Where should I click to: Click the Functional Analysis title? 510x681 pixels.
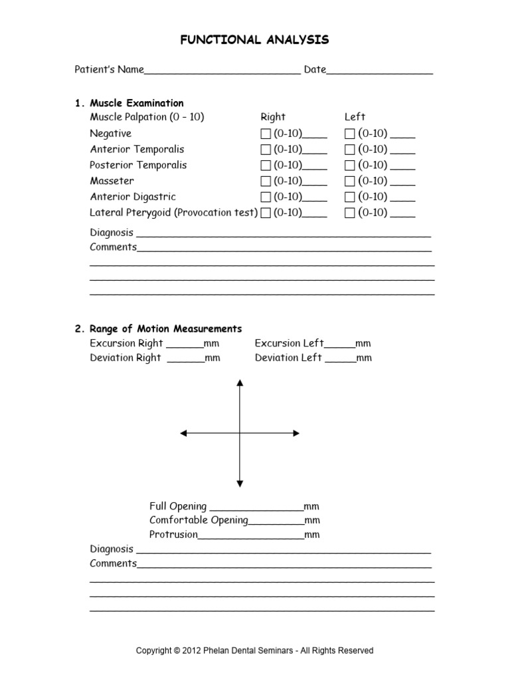(x=255, y=41)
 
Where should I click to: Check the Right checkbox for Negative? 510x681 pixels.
(x=266, y=134)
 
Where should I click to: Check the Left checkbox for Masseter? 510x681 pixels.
(x=350, y=182)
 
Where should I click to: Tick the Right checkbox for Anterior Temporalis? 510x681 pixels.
(x=266, y=150)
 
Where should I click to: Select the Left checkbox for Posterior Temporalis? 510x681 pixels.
(x=350, y=166)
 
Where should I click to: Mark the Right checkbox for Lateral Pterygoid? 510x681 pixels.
(x=266, y=213)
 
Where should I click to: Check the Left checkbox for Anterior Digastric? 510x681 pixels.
(x=350, y=198)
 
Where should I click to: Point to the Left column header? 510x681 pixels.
(x=355, y=117)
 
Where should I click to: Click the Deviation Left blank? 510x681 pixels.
(x=341, y=359)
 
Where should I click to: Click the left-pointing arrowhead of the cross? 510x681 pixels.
(x=184, y=434)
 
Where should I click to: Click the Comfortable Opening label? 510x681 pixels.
(x=199, y=520)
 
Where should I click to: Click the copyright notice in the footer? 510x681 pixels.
(x=255, y=650)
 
